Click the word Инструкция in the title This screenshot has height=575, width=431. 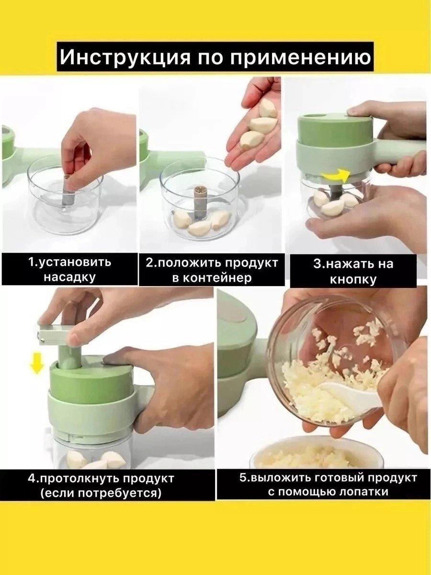coord(125,57)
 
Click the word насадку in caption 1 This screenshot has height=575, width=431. coord(69,277)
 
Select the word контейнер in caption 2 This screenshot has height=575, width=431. coord(212,277)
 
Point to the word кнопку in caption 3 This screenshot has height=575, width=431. coord(353,280)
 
